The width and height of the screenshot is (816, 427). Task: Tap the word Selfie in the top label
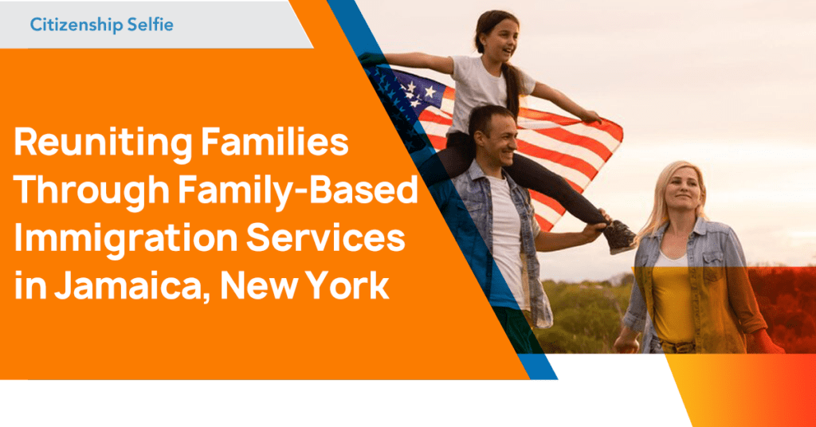(149, 25)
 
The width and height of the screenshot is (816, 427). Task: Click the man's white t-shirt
(507, 231)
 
